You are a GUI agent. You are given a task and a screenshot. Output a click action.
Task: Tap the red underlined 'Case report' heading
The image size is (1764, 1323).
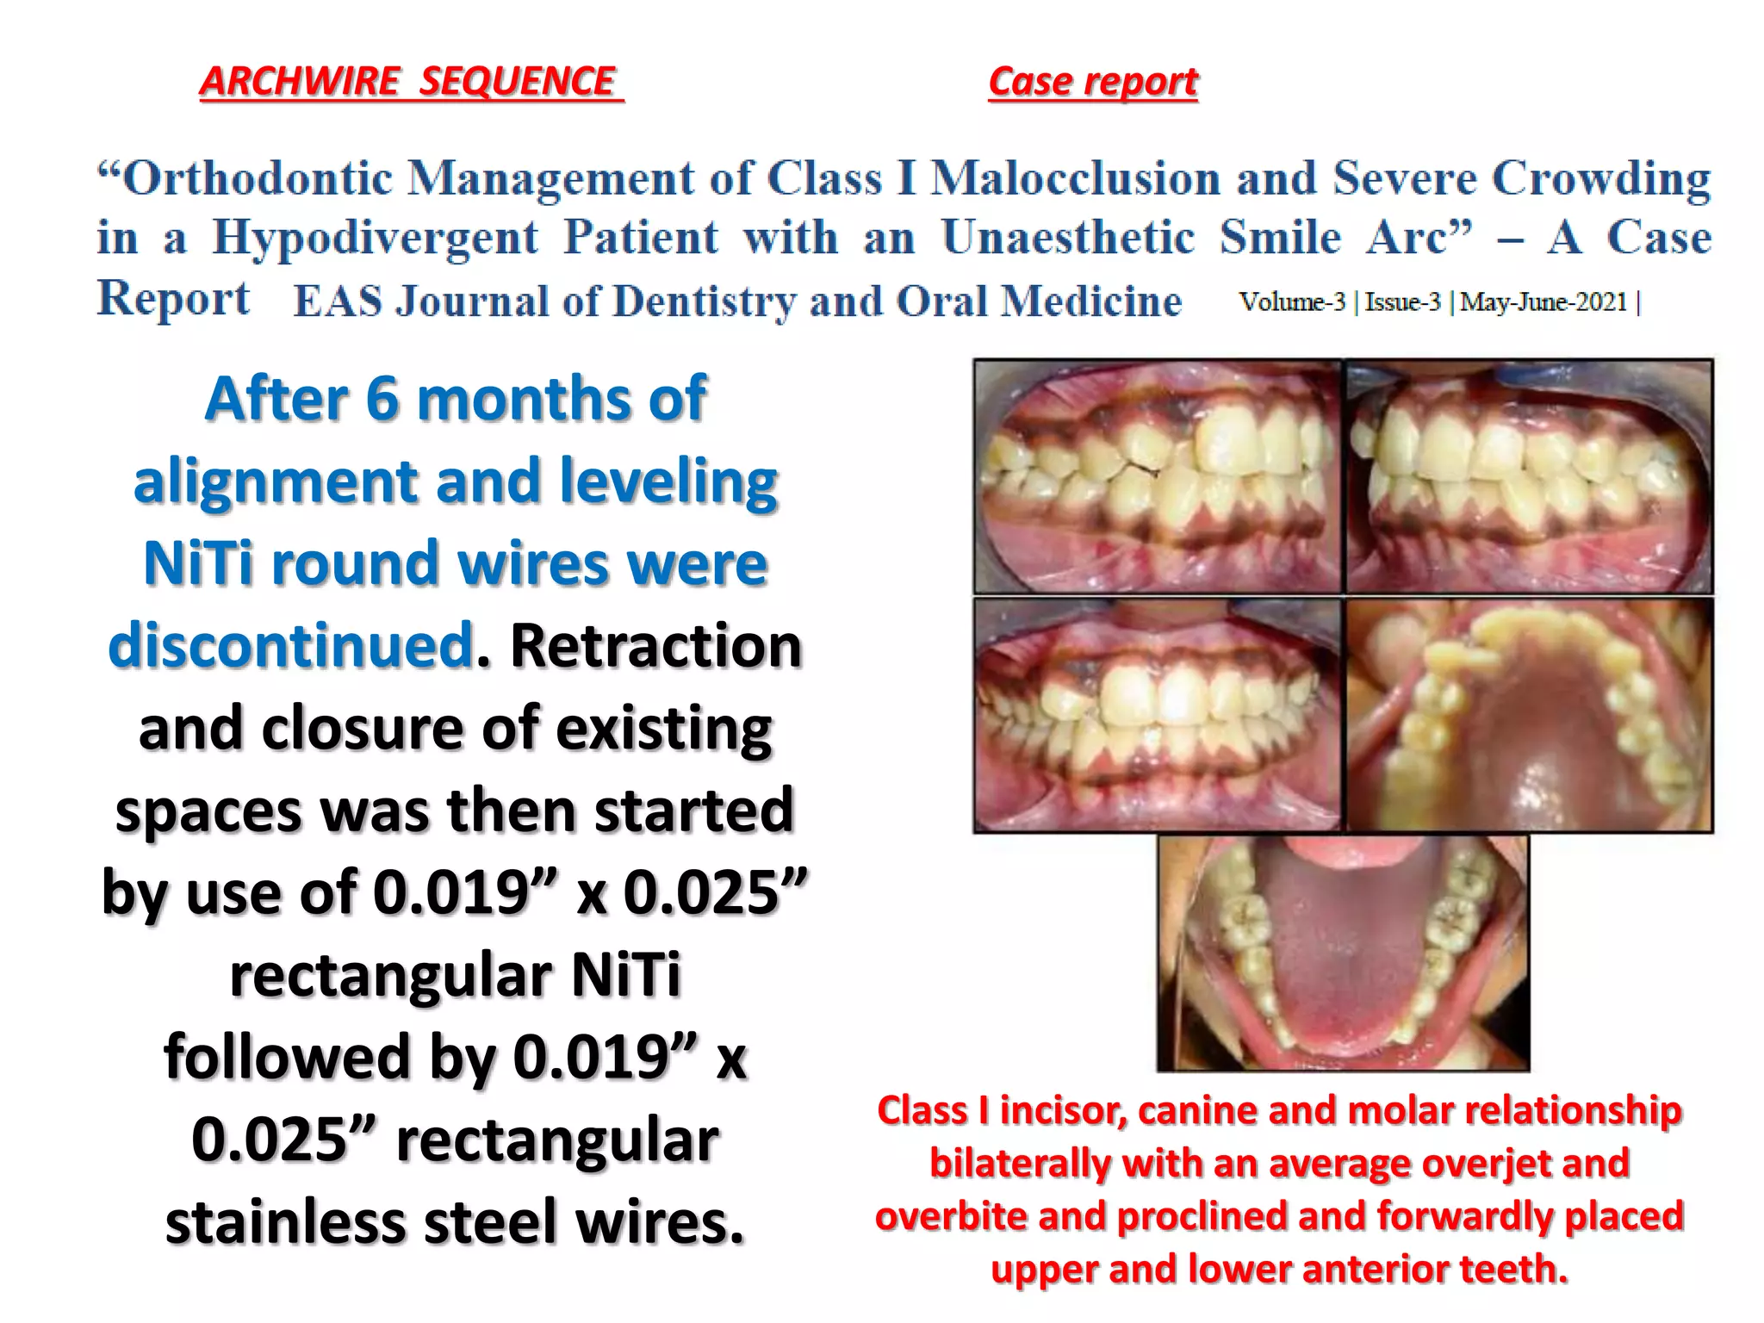click(x=1093, y=82)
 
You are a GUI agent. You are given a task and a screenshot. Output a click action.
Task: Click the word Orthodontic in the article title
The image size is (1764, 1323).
click(x=258, y=179)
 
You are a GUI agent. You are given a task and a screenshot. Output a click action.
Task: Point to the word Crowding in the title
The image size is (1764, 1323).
click(x=1600, y=179)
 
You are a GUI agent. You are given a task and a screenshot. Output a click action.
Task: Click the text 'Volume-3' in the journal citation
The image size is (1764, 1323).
click(x=1291, y=302)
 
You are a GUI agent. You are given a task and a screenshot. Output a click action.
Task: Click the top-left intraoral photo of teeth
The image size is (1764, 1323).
click(x=1157, y=476)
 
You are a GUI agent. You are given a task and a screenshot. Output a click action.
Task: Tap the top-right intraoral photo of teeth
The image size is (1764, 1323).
click(x=1530, y=476)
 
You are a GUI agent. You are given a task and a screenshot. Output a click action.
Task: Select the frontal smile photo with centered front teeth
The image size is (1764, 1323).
click(x=1157, y=715)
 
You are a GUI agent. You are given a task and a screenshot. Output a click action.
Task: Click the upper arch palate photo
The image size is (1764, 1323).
click(x=1530, y=715)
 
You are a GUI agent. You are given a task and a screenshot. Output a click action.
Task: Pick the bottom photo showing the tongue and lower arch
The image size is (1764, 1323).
click(x=1343, y=953)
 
